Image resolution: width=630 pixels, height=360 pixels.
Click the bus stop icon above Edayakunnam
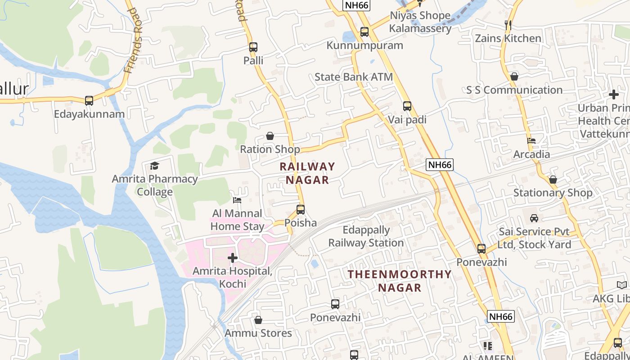[89, 100]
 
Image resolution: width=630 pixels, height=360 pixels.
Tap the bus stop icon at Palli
[253, 47]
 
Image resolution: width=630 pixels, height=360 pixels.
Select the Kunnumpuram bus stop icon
[364, 32]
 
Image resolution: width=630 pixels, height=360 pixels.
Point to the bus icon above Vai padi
[407, 106]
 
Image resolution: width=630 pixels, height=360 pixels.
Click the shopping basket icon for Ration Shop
[270, 136]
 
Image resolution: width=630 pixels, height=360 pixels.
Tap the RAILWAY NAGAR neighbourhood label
[307, 173]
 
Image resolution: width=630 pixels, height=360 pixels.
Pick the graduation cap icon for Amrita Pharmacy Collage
[155, 166]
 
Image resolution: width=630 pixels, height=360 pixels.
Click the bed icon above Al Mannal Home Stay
[237, 200]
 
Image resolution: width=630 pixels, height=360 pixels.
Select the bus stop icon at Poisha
[301, 209]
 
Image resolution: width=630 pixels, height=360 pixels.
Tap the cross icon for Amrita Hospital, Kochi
[233, 258]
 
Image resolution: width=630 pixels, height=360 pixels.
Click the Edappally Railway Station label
[366, 237]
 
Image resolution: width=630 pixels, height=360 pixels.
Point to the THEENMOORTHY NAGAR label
[400, 281]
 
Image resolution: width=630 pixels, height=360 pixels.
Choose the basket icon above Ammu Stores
[258, 320]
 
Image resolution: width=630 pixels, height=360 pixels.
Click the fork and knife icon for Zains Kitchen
[508, 25]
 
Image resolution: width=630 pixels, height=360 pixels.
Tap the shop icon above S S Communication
[514, 76]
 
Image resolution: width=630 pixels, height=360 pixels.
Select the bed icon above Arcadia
[531, 141]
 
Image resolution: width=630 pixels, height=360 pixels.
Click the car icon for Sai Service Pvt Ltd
[534, 218]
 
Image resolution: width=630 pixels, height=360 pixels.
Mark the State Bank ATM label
[354, 77]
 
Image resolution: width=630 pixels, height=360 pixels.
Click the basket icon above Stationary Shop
[553, 180]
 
